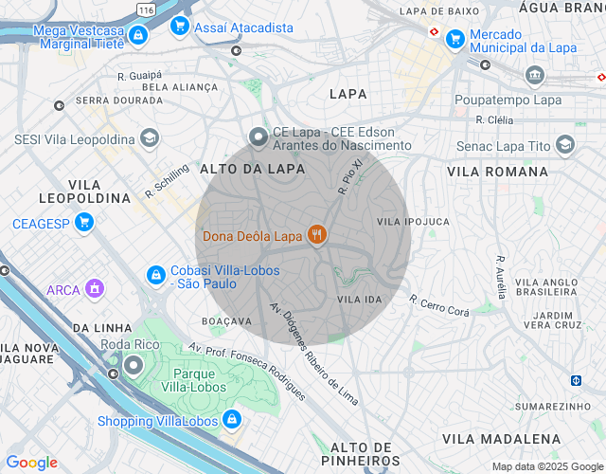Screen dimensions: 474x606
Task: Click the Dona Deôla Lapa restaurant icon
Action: coord(316,235)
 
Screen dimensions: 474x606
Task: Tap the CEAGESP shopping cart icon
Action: coord(84,224)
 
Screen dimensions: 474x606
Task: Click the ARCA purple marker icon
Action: coord(94,288)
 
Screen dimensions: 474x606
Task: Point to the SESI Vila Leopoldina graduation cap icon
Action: coord(149,139)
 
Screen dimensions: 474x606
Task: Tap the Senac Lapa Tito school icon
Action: coord(565,145)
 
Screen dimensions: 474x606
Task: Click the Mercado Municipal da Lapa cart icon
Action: coord(455,39)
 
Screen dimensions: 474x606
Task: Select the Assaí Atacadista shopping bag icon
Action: coord(179,27)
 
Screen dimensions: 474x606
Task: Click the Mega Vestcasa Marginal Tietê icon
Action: coord(138,36)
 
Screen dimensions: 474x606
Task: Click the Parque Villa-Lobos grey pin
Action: coord(134,364)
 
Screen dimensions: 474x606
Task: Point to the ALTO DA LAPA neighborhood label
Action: coord(253,169)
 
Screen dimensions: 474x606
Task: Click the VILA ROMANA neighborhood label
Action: coord(497,172)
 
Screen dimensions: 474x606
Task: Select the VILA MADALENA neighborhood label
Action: coord(501,439)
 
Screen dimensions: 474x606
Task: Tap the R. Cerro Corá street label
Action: coord(439,305)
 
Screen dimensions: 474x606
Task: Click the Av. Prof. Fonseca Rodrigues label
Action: coord(247,371)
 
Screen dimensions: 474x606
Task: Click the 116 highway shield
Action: coord(145,9)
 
